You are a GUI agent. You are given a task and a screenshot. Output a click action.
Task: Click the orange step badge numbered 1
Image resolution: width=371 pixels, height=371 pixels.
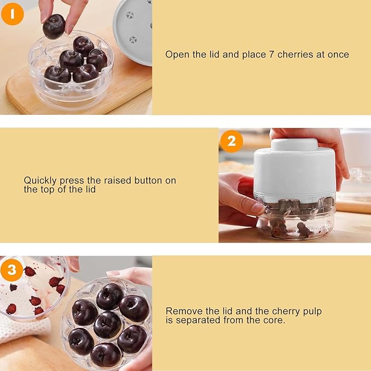(13, 14)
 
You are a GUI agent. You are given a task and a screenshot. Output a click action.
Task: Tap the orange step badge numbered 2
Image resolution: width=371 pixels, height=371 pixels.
(231, 142)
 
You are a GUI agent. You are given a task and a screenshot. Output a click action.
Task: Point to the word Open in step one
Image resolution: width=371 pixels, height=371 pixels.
(176, 55)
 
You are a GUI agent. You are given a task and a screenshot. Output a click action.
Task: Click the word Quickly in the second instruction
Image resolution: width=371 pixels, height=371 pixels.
(40, 180)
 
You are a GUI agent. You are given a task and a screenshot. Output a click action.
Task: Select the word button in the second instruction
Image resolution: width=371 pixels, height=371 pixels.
(162, 180)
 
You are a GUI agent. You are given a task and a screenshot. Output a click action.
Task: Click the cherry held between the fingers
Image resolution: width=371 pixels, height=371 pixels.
(54, 26)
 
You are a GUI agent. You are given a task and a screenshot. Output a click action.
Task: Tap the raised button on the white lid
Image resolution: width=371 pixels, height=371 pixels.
(295, 144)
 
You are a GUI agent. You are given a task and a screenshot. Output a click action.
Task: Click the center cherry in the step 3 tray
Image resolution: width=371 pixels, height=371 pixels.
(108, 324)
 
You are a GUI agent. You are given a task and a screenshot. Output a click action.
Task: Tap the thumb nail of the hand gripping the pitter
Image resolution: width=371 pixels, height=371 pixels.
(257, 208)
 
